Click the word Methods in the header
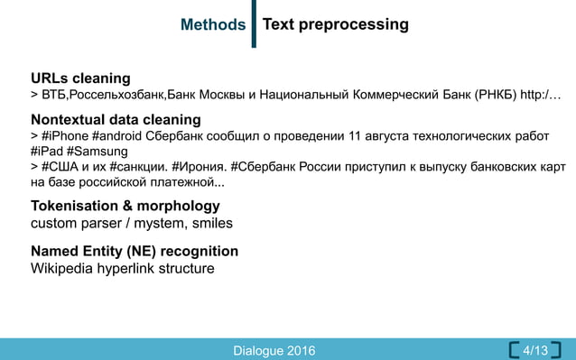[x=213, y=25]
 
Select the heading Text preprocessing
[x=335, y=24]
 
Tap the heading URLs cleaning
[x=80, y=78]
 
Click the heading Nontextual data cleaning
[x=116, y=119]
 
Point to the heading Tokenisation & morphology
[x=125, y=206]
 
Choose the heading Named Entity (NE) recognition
[x=135, y=251]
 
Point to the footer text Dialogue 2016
[x=274, y=349]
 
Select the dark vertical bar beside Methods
[x=254, y=25]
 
